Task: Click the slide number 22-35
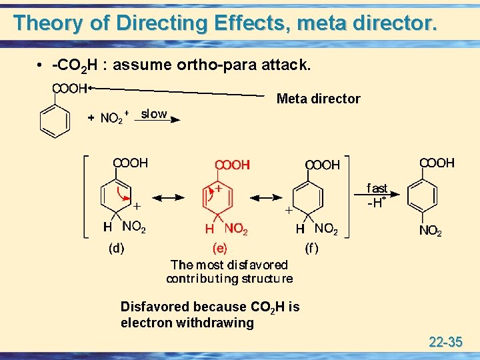445,343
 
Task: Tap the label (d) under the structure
116,248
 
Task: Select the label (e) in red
219,249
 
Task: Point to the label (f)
311,249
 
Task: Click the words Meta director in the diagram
318,99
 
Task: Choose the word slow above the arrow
154,114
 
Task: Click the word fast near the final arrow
377,189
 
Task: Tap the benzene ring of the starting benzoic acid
55,121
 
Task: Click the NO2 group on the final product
430,231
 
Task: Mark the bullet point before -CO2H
41,67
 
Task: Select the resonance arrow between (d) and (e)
170,197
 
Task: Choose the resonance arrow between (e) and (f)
266,197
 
